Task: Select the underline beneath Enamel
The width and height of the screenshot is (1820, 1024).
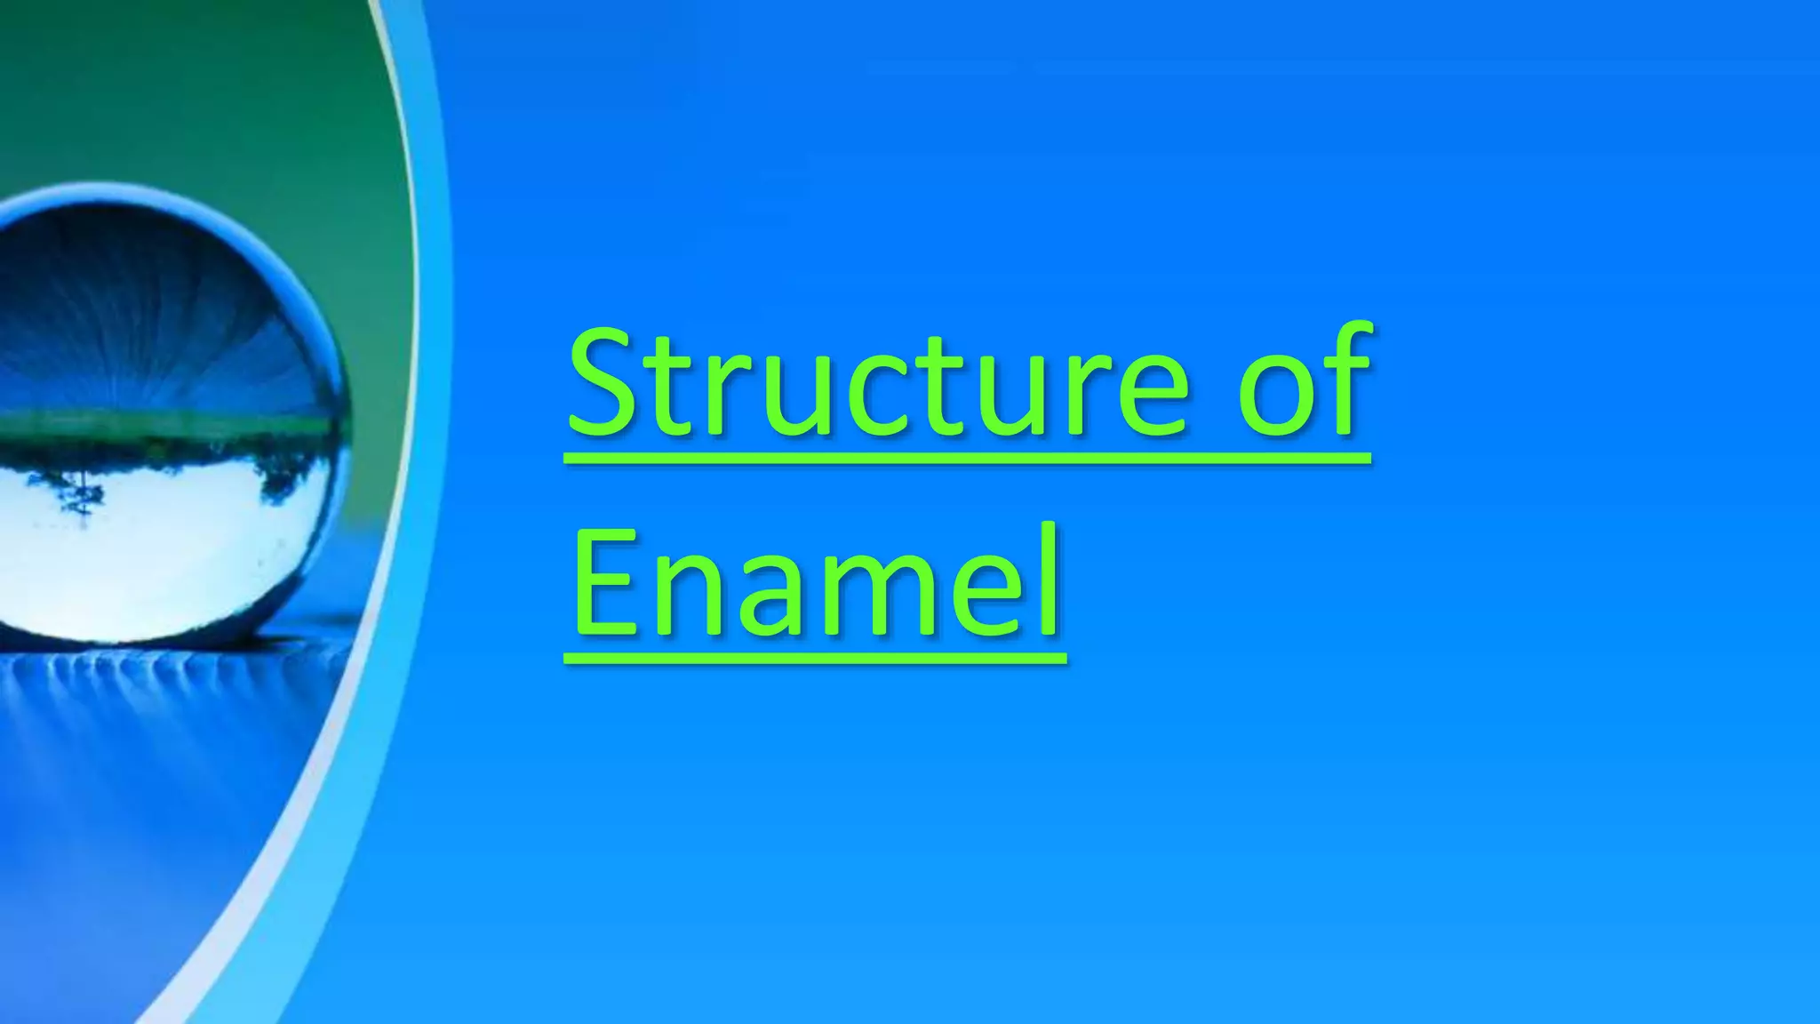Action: coord(816,659)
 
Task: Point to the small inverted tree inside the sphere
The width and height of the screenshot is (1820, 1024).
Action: coord(80,498)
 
